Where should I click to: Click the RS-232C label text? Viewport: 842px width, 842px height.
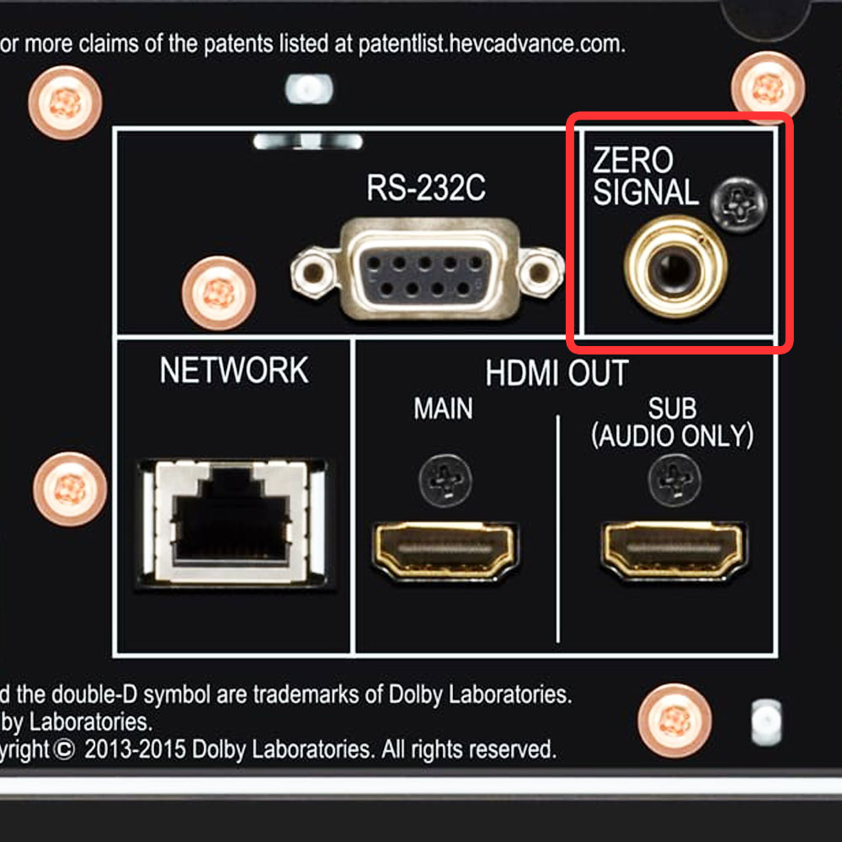click(x=426, y=188)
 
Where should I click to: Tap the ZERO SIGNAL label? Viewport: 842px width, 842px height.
click(x=645, y=176)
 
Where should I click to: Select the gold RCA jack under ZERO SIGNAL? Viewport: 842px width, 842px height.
click(x=675, y=267)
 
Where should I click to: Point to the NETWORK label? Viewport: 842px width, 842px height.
click(x=234, y=370)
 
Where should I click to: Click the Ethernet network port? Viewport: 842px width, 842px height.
click(x=232, y=521)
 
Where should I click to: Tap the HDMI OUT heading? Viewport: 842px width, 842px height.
click(x=557, y=373)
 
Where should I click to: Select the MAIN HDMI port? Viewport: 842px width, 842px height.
click(x=445, y=551)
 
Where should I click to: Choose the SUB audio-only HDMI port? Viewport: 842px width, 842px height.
click(x=674, y=551)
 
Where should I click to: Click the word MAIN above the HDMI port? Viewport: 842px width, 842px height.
click(x=443, y=408)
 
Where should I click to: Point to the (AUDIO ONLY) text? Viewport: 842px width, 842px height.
click(x=672, y=435)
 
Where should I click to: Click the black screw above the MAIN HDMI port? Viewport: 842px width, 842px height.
click(x=445, y=481)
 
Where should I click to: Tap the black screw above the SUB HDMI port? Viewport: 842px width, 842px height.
click(x=674, y=480)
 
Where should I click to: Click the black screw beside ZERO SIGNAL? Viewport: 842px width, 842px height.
click(x=738, y=205)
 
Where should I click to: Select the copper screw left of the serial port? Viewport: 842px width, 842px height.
click(x=219, y=293)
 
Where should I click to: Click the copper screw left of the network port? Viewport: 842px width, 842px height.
click(x=70, y=489)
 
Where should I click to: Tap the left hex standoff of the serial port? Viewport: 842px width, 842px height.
click(x=312, y=273)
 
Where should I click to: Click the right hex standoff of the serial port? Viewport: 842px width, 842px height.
click(x=541, y=273)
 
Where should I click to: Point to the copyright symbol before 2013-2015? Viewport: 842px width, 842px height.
click(x=63, y=750)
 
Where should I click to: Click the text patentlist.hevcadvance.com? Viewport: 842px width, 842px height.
click(x=492, y=44)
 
